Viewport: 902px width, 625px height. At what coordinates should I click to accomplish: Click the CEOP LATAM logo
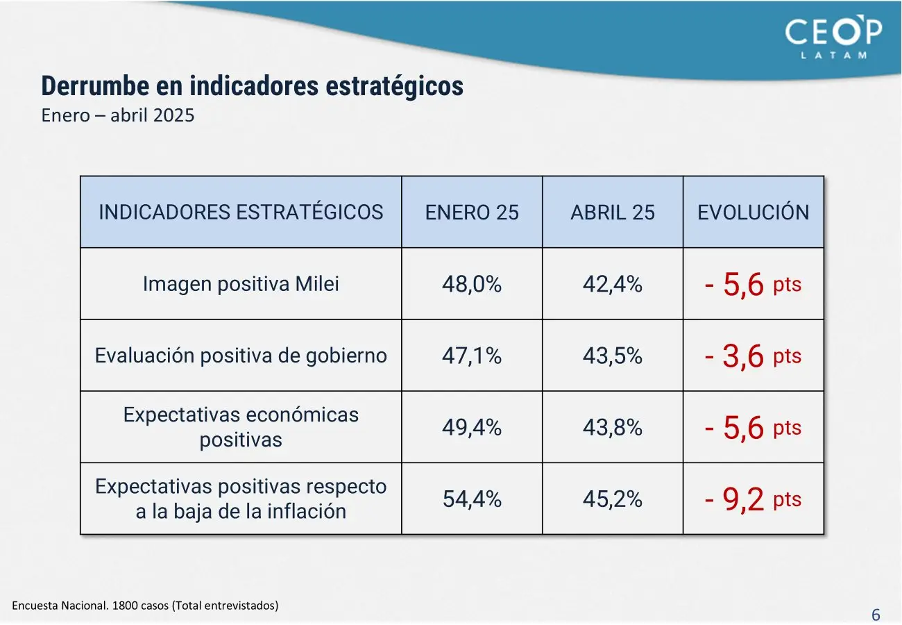pyautogui.click(x=833, y=37)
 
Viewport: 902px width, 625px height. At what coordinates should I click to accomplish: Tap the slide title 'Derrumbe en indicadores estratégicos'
pyautogui.click(x=252, y=86)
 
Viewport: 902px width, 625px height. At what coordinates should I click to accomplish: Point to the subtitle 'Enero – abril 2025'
pyautogui.click(x=118, y=115)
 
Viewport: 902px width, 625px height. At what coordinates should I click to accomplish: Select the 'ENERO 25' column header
pyautogui.click(x=472, y=212)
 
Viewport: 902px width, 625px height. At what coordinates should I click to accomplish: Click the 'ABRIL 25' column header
pyautogui.click(x=613, y=212)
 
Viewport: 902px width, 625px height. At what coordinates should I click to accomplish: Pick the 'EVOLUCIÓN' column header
pyautogui.click(x=754, y=212)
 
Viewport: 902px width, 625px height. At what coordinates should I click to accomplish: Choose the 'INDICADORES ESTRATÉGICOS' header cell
pyautogui.click(x=241, y=212)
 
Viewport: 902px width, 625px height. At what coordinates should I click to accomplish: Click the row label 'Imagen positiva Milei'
pyautogui.click(x=241, y=284)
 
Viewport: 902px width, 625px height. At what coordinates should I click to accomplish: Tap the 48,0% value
pyautogui.click(x=472, y=284)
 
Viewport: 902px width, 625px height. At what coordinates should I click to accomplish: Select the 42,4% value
pyautogui.click(x=613, y=284)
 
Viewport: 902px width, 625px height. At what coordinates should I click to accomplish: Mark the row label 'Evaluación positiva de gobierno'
pyautogui.click(x=241, y=356)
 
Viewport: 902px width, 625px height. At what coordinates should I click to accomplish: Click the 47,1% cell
pyautogui.click(x=472, y=356)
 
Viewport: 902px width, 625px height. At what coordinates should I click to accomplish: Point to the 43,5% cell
pyautogui.click(x=613, y=356)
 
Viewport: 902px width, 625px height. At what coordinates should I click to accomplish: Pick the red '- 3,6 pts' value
pyautogui.click(x=753, y=356)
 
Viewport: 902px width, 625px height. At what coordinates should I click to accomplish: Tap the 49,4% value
pyautogui.click(x=472, y=427)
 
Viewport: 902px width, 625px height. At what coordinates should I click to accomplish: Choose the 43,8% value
pyautogui.click(x=613, y=427)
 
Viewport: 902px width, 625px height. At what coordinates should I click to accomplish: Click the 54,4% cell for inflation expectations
pyautogui.click(x=472, y=499)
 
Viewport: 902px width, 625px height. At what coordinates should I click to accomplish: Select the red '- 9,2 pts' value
pyautogui.click(x=753, y=499)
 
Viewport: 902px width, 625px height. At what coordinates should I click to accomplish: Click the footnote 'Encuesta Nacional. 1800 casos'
pyautogui.click(x=145, y=606)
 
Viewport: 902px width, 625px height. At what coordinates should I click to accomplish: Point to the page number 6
pyautogui.click(x=876, y=615)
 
